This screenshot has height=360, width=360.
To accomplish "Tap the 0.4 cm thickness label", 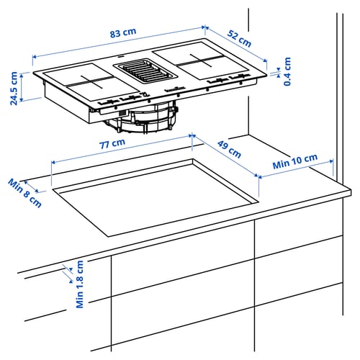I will [287, 72].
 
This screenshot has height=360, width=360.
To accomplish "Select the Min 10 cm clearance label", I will [295, 162].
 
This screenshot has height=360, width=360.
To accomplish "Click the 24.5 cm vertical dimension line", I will [24, 86].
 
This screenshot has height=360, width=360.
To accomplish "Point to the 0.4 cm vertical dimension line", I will [279, 71].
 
